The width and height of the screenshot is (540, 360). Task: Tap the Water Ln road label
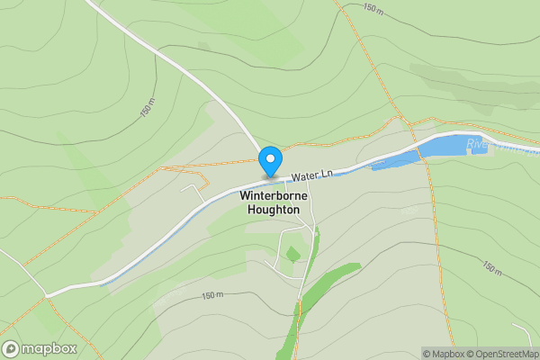[313, 171]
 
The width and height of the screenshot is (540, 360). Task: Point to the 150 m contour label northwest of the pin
[148, 110]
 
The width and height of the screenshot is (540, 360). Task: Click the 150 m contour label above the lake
[373, 8]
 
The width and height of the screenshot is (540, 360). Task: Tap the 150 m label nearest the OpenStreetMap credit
[491, 267]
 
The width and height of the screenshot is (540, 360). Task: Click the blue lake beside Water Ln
[441, 148]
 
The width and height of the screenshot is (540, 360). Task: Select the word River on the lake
[478, 143]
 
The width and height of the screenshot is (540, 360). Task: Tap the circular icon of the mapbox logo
[11, 348]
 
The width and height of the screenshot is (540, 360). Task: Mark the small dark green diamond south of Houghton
[292, 255]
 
